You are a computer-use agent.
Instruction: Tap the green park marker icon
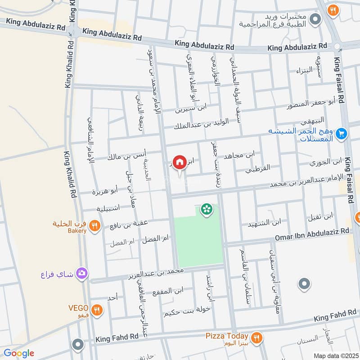pyautogui.click(x=207, y=209)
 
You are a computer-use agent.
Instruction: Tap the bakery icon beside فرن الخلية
pyautogui.click(x=94, y=225)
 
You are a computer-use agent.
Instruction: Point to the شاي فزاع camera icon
pyautogui.click(x=82, y=273)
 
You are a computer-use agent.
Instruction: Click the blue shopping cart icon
pyautogui.click(x=341, y=133)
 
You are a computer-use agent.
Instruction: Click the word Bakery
pyautogui.click(x=77, y=231)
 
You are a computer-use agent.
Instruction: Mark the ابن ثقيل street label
pyautogui.click(x=320, y=217)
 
